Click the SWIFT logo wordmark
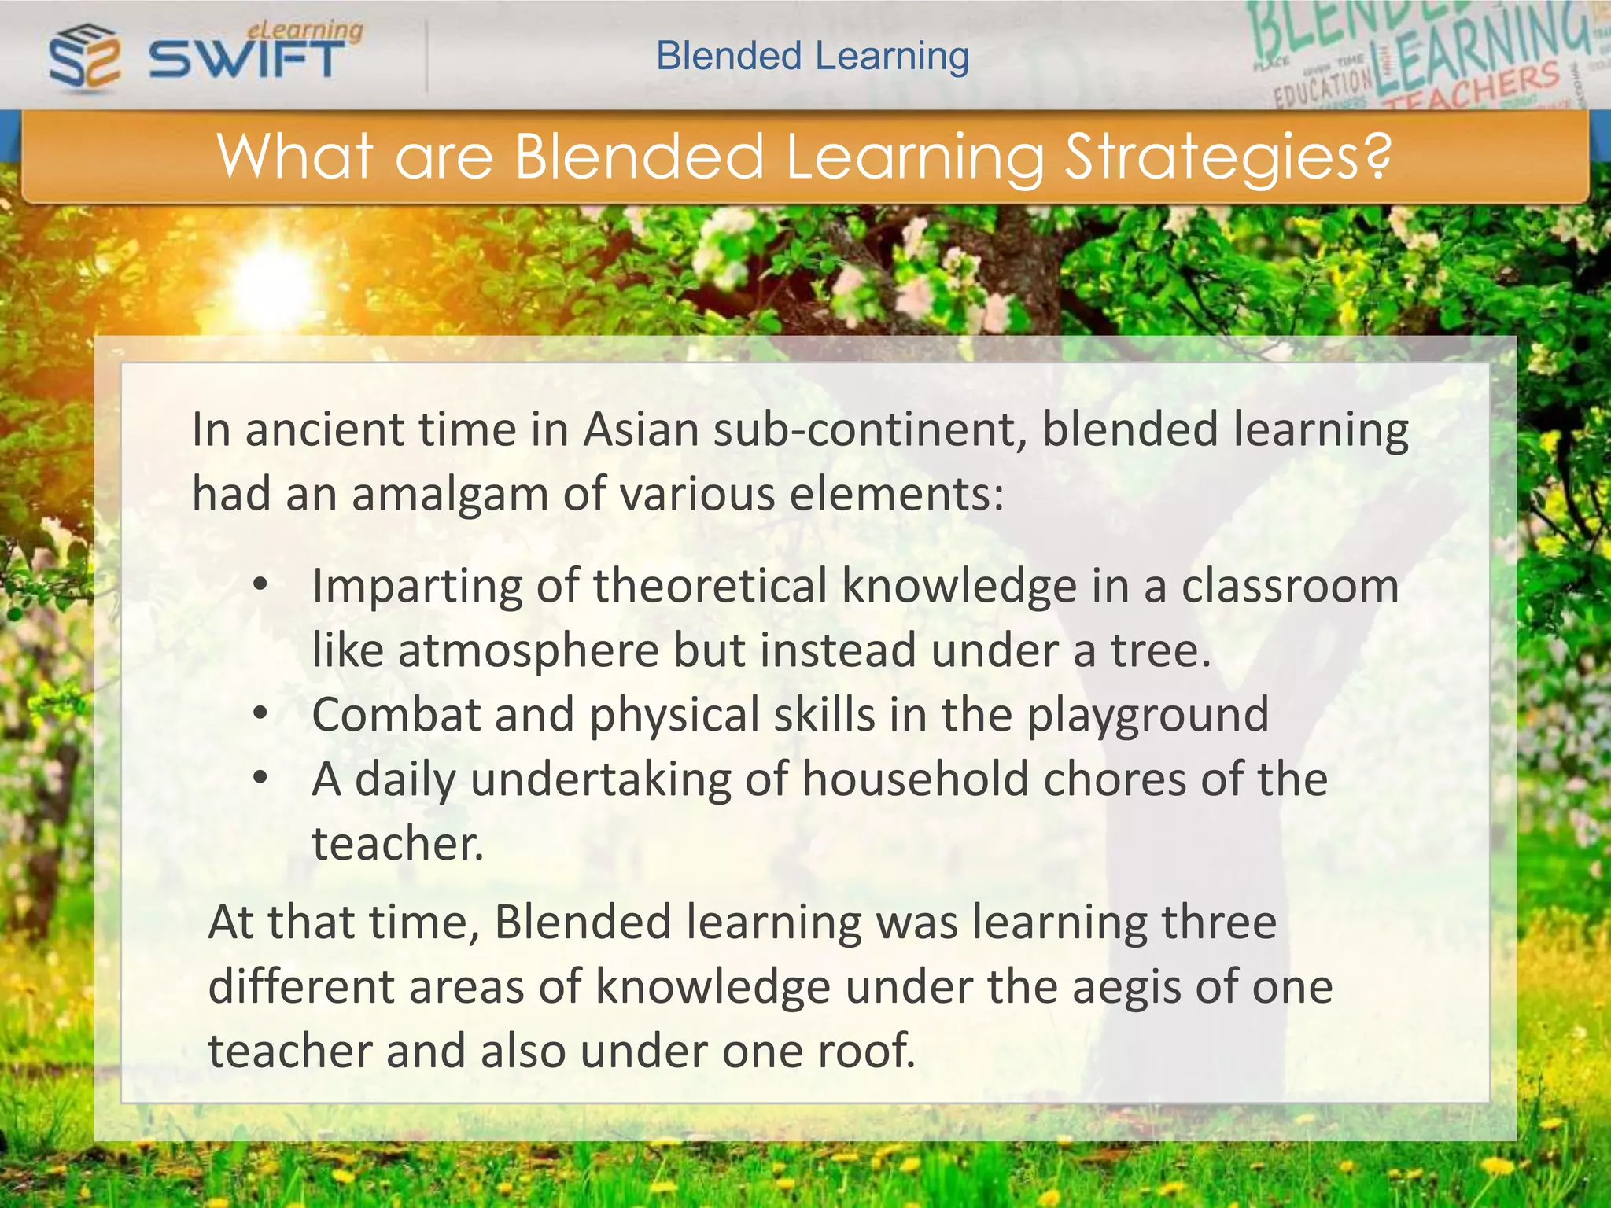(x=246, y=59)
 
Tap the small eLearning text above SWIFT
(x=305, y=30)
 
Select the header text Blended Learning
(x=813, y=56)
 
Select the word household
(x=915, y=779)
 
